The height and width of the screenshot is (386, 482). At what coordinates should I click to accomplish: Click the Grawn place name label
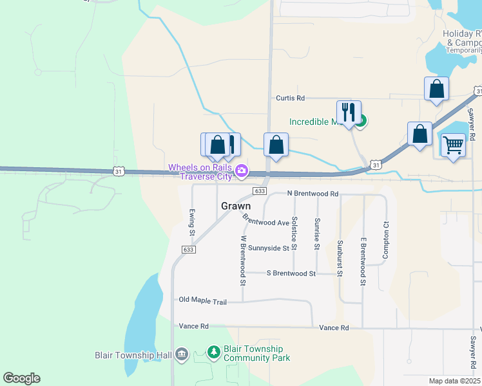coord(236,207)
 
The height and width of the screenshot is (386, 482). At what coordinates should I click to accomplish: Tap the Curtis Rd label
coord(290,98)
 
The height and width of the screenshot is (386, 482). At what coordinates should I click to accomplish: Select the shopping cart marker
coord(453,146)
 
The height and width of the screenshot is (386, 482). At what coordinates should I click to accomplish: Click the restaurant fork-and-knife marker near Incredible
coord(349,113)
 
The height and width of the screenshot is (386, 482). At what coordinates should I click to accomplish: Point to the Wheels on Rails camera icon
coord(242,170)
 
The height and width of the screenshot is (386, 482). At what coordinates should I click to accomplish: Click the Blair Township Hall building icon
coord(181,354)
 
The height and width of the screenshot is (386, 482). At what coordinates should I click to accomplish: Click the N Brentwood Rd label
coord(313,193)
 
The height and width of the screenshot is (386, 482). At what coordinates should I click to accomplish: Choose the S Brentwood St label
coord(291,273)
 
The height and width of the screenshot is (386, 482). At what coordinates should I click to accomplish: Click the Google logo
coord(21,378)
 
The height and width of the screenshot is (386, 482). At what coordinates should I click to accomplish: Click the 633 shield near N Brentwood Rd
coord(260,191)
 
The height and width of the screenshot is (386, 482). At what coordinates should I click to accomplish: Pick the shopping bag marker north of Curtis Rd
coord(436,89)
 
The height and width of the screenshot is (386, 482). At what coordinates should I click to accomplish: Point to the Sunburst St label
coord(340,257)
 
